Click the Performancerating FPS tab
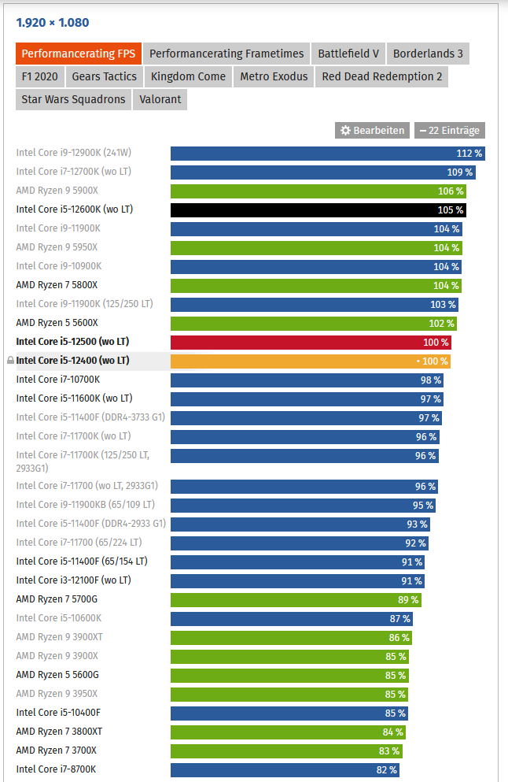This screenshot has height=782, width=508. [78, 54]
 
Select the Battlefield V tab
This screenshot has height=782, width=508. [348, 54]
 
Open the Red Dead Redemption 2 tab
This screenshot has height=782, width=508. [382, 76]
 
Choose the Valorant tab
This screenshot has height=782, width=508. [160, 99]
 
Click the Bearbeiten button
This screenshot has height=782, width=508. [372, 130]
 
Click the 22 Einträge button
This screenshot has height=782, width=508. [450, 130]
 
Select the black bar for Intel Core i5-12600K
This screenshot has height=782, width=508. [318, 209]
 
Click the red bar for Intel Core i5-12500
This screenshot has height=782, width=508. [311, 342]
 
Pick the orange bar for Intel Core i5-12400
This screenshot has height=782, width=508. [311, 361]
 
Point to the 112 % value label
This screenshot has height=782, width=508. [469, 154]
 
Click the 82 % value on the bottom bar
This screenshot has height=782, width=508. [387, 769]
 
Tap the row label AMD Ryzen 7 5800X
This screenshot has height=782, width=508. [57, 285]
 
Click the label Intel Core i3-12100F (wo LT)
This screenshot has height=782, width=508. [73, 580]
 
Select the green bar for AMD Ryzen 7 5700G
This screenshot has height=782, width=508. [295, 599]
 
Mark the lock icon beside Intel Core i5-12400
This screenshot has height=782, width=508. [10, 361]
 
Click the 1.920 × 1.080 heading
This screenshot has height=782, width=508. [53, 23]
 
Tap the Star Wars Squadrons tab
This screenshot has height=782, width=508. [73, 99]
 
